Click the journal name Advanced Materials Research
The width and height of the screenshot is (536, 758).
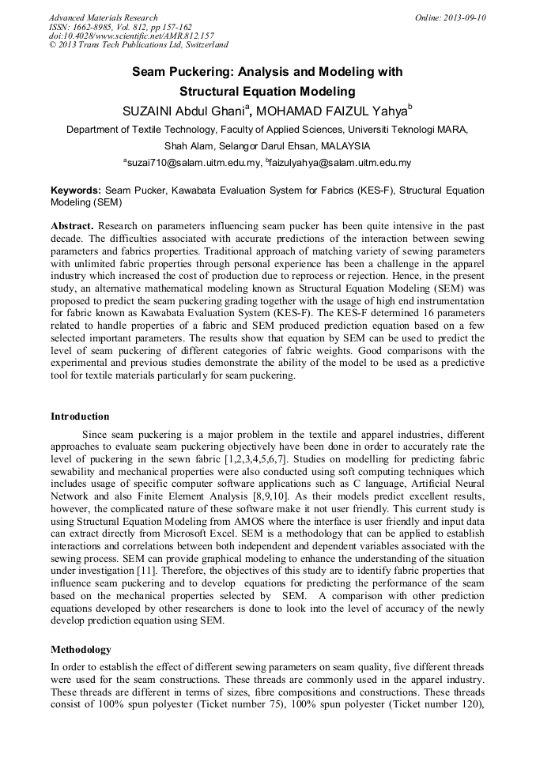[104, 17]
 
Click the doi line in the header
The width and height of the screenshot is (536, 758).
[131, 36]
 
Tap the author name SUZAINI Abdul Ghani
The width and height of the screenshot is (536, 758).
[183, 111]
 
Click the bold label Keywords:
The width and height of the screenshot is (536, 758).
[76, 191]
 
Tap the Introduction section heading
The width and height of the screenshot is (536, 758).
[80, 417]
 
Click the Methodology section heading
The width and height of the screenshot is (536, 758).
[81, 650]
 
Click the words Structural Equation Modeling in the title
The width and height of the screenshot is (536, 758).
[267, 91]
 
